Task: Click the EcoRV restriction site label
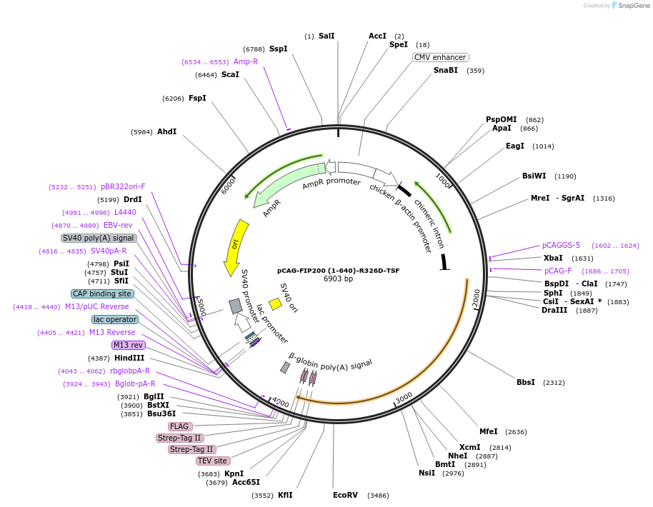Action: (x=345, y=495)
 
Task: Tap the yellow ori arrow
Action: (x=235, y=247)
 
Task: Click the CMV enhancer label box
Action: (x=440, y=57)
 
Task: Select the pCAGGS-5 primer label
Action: (x=561, y=245)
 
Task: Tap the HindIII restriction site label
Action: (x=129, y=358)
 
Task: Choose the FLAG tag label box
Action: (x=179, y=426)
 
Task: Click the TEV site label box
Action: (x=212, y=461)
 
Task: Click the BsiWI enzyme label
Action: (x=534, y=176)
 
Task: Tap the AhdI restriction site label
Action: (x=166, y=132)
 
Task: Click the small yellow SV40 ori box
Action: (x=275, y=304)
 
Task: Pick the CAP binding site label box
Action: (x=101, y=293)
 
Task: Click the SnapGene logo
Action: (x=628, y=5)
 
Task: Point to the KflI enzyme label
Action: (x=285, y=495)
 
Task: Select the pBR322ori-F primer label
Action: (x=123, y=186)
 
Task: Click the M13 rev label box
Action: (x=129, y=345)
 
